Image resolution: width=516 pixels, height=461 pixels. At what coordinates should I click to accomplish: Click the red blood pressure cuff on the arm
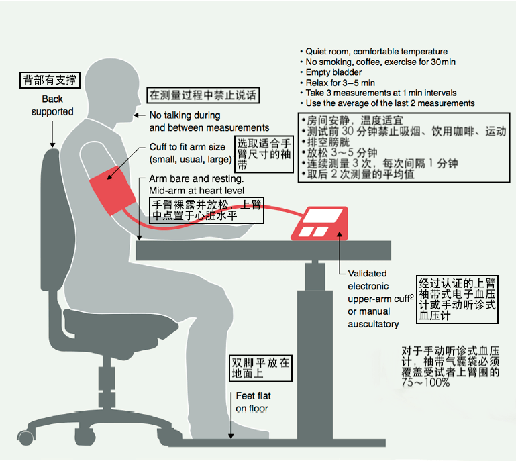(113, 191)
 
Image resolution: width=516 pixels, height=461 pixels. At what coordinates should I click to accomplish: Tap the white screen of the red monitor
(323, 216)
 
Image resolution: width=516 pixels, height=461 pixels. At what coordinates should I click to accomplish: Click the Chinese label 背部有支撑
(50, 80)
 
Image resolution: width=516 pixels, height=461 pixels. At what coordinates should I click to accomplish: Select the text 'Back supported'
(52, 105)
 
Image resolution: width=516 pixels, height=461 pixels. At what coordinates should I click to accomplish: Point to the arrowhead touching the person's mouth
(136, 115)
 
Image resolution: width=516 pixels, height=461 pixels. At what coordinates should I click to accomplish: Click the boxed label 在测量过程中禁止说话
(203, 95)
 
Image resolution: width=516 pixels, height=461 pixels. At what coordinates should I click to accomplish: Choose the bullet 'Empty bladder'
(333, 72)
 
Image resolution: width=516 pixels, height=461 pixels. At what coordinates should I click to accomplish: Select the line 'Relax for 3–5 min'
(340, 83)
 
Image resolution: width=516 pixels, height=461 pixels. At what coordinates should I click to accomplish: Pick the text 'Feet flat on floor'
(253, 402)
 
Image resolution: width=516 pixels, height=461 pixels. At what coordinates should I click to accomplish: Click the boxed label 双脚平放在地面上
(260, 368)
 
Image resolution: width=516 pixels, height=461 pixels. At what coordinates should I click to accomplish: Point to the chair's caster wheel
(25, 438)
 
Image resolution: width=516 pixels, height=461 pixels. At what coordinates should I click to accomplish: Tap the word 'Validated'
(367, 273)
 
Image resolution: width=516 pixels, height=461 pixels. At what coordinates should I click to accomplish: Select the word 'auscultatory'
(373, 324)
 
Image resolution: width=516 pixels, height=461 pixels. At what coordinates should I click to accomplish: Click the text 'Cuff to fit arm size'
(187, 147)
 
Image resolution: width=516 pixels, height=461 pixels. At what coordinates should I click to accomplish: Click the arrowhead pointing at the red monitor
(340, 234)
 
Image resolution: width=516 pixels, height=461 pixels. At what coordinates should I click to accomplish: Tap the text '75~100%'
(425, 382)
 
